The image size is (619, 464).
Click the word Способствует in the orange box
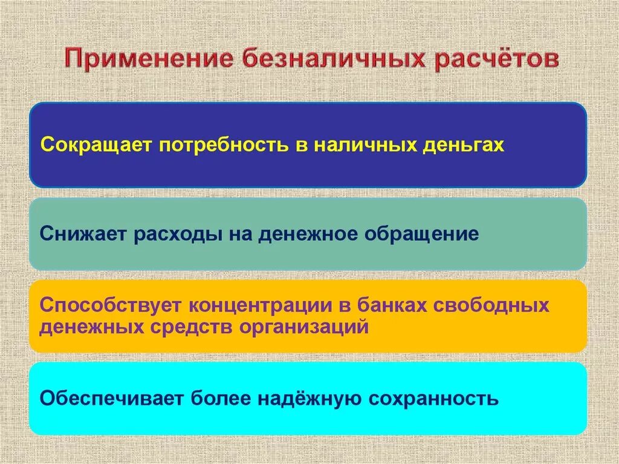click(x=109, y=305)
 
